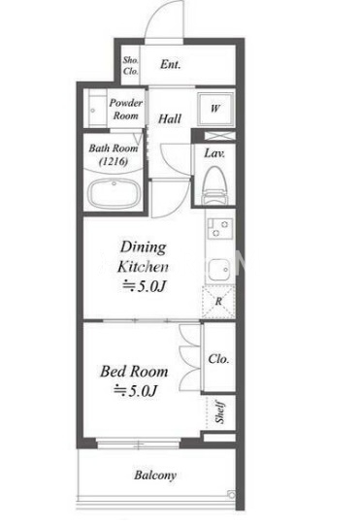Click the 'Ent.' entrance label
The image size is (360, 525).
pyautogui.click(x=170, y=64)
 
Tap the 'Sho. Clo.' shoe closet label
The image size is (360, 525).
pyautogui.click(x=130, y=65)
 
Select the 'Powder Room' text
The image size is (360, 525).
pyautogui.click(x=125, y=109)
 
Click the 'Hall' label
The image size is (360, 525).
pyautogui.click(x=170, y=118)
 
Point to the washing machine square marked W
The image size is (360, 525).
pyautogui.click(x=215, y=108)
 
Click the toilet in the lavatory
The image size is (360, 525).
pyautogui.click(x=214, y=186)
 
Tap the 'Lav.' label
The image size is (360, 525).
pyautogui.click(x=214, y=153)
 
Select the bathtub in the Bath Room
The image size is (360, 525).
pyautogui.click(x=114, y=194)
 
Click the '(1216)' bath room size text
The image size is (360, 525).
pyautogui.click(x=114, y=162)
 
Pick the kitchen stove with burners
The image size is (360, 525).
pyautogui.click(x=219, y=228)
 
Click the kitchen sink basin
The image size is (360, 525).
pyautogui.click(x=219, y=270)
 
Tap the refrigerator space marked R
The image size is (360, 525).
pyautogui.click(x=218, y=302)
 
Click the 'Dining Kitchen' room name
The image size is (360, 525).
pyautogui.click(x=143, y=257)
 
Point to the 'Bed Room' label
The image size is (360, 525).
pyautogui.click(x=134, y=372)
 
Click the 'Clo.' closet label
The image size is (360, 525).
pyautogui.click(x=218, y=359)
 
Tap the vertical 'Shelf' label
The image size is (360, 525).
pyautogui.click(x=220, y=411)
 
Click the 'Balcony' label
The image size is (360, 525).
pyautogui.click(x=155, y=476)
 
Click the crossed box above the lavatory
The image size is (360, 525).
pyautogui.click(x=220, y=136)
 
